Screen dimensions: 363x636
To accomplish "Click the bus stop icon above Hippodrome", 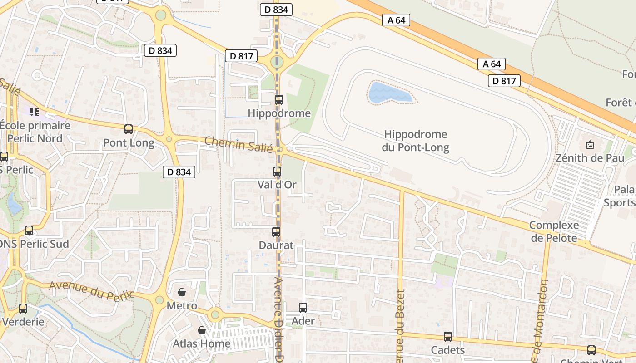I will point(279,100).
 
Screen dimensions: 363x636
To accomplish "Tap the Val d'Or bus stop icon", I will point(277,172).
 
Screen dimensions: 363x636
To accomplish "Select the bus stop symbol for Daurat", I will point(276,232).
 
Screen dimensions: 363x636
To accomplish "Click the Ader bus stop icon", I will point(303,308).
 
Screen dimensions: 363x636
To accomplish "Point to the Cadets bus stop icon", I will point(448,337).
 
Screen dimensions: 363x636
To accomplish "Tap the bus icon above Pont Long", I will point(129,129).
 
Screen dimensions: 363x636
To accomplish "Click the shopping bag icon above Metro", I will point(182,292).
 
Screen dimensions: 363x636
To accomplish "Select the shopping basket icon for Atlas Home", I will point(202,330).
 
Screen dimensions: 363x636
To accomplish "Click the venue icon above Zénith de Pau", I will point(590,145).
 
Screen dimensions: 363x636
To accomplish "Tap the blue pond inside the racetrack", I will point(388,93).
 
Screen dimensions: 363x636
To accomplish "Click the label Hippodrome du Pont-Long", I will point(416,141).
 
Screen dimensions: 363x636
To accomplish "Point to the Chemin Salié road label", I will point(238,144).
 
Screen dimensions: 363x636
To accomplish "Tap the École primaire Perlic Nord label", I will point(35,132).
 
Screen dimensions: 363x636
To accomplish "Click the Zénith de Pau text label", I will point(590,158).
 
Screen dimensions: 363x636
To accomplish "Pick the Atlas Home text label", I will point(201,343).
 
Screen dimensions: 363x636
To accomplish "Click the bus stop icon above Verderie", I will point(23,309).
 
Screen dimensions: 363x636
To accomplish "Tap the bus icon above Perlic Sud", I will point(29,231).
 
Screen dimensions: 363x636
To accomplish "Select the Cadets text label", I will point(447,350).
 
